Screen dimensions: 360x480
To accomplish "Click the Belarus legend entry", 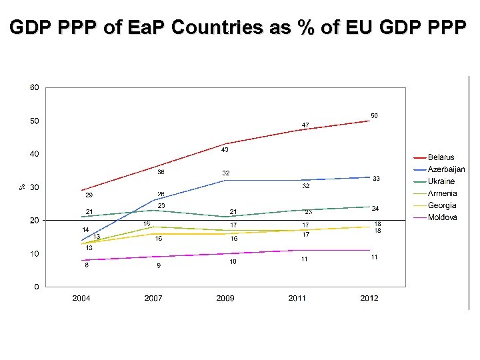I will (x=441, y=157).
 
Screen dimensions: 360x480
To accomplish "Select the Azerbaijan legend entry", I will (x=446, y=169).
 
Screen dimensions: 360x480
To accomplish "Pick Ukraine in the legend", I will (x=441, y=181).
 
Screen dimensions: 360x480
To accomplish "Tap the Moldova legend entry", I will (x=442, y=217).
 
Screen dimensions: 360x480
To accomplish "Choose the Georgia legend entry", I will (x=442, y=205).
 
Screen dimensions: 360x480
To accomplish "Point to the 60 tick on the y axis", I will (x=34, y=87).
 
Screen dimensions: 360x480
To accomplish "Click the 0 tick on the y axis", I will (x=36, y=287).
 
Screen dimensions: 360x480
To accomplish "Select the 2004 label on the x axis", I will (x=81, y=298).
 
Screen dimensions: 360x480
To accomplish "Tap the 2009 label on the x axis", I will (x=225, y=298).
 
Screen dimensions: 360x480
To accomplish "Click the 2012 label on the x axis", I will (x=369, y=298).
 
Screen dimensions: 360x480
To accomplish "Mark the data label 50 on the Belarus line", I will (x=375, y=116).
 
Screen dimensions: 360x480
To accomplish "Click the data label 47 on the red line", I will (x=305, y=125).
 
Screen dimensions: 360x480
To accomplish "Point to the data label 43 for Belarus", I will (x=225, y=149).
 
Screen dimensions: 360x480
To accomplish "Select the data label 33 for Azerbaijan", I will (x=376, y=179).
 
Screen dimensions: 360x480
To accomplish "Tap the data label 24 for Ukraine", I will (x=375, y=209).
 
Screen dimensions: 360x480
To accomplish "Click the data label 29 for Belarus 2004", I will (x=89, y=195).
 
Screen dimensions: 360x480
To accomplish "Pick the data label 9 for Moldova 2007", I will (x=159, y=265).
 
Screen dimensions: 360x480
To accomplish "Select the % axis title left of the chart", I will (x=21, y=187).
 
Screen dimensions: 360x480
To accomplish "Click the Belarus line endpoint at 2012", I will (x=369, y=121).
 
